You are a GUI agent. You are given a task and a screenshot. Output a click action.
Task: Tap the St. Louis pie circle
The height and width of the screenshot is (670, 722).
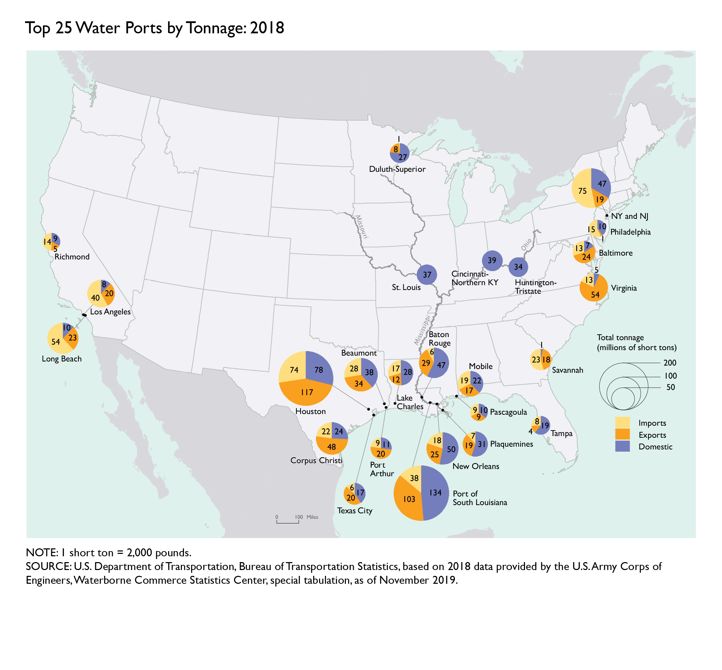[427, 275]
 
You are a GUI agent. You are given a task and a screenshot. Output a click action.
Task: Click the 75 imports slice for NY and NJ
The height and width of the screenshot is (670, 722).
[582, 191]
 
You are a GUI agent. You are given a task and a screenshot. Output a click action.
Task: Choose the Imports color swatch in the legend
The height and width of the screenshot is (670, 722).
[622, 422]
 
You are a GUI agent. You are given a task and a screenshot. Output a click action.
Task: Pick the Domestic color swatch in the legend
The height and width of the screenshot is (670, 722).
[622, 446]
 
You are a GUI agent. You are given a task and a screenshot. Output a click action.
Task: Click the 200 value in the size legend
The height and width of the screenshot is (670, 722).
[670, 362]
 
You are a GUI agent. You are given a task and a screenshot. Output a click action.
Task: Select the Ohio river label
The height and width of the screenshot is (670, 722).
[526, 244]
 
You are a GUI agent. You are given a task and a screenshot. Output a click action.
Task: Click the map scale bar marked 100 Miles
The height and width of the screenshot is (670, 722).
[287, 522]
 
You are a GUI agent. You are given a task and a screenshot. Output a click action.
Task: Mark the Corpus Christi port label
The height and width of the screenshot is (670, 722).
[316, 460]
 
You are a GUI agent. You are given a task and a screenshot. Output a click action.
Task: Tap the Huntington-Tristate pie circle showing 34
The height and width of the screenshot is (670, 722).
[518, 267]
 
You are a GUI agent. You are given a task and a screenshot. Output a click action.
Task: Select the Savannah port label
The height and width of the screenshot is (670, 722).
[567, 370]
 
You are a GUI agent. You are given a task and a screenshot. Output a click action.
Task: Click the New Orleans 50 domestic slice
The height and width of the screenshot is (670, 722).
[451, 449]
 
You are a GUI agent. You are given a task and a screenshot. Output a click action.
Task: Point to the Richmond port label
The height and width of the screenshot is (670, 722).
[72, 257]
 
